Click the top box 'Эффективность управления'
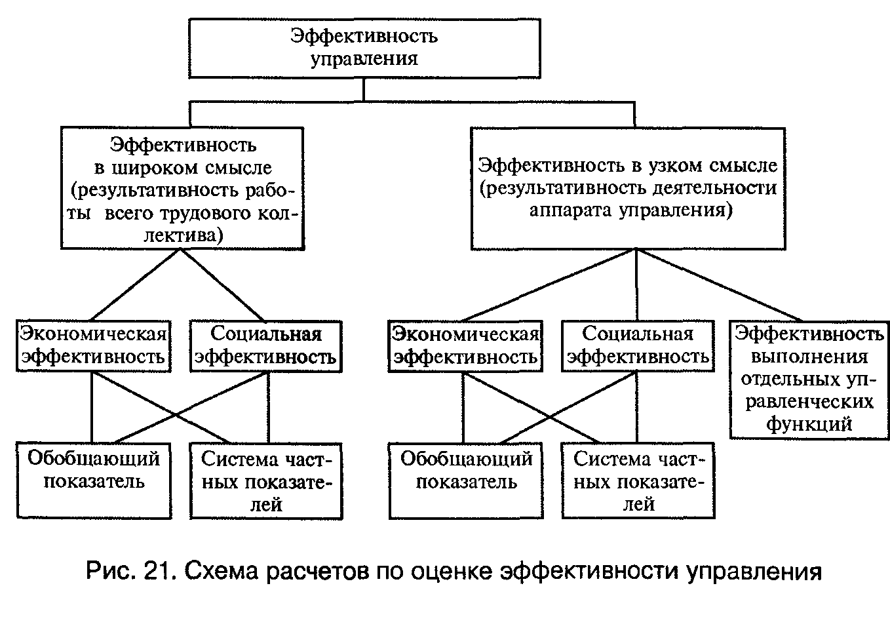[365, 48]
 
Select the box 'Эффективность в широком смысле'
[183, 188]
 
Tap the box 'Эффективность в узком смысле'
[628, 188]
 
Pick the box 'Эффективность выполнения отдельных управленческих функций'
[809, 379]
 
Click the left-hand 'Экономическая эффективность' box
[92, 345]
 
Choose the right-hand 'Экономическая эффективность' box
[465, 345]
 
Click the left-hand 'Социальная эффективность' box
[266, 345]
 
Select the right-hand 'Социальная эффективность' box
[638, 345]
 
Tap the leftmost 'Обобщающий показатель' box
[94, 481]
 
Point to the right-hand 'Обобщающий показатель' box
[466, 481]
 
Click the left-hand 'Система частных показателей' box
[266, 481]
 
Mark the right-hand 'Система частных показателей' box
[638, 481]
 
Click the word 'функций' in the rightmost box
[809, 423]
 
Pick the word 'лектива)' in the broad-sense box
[184, 235]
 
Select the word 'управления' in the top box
[364, 58]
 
